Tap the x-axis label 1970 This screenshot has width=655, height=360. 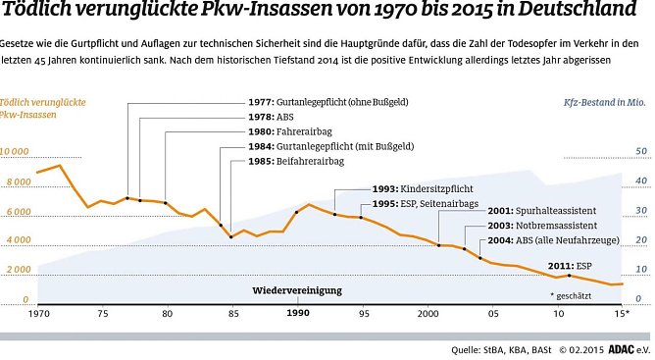tap(39, 313)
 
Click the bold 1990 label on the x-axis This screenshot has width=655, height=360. tap(298, 313)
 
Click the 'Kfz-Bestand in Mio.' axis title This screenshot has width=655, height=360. tap(605, 102)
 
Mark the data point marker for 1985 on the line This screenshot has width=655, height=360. tap(231, 236)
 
